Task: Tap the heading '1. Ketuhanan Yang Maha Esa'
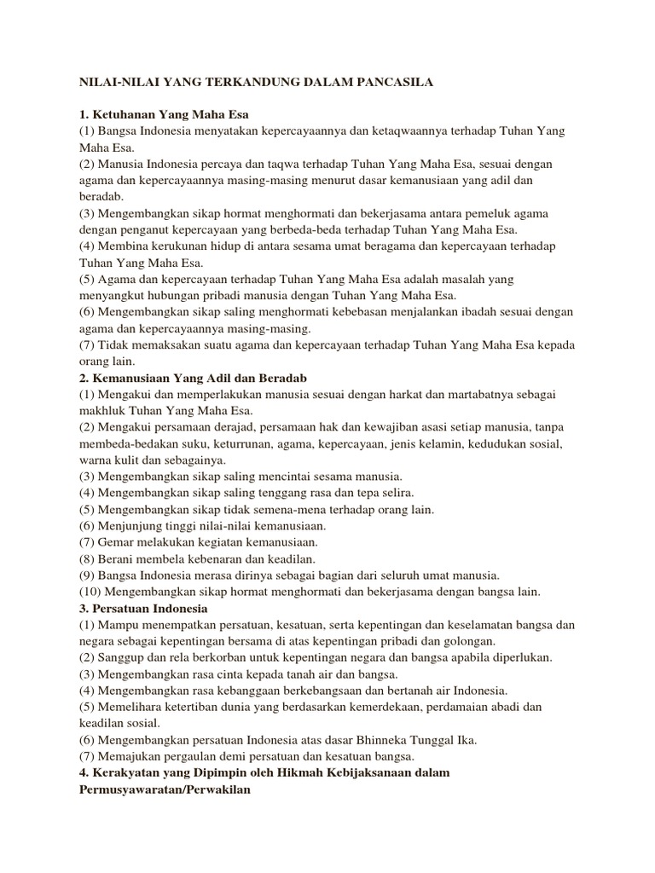pyautogui.click(x=168, y=114)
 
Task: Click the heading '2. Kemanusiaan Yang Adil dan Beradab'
pyautogui.click(x=193, y=377)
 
